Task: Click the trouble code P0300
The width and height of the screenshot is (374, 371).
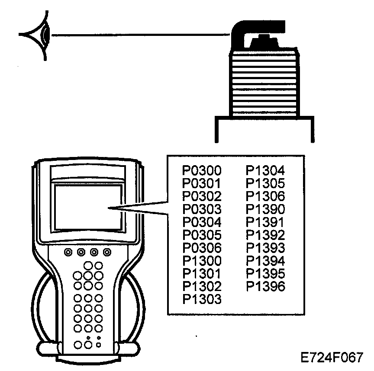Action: click(x=202, y=171)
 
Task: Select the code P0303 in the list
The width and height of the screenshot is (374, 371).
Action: click(x=202, y=209)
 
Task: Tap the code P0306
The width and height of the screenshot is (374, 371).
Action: click(x=202, y=248)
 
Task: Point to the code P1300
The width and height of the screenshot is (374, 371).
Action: click(x=202, y=261)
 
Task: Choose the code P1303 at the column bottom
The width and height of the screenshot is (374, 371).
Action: click(x=202, y=299)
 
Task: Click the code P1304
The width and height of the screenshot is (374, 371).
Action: click(x=265, y=171)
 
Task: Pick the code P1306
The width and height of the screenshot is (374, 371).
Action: click(x=265, y=196)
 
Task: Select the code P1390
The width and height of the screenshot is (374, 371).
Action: click(x=265, y=209)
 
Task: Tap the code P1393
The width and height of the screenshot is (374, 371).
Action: click(x=265, y=248)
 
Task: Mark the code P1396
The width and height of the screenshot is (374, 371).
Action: click(x=265, y=286)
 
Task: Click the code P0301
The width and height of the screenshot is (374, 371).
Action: click(x=202, y=184)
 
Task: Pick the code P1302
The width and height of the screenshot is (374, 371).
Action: click(x=202, y=286)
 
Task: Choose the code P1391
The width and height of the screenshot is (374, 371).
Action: click(x=265, y=222)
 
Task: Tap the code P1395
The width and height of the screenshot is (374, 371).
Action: click(x=265, y=274)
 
